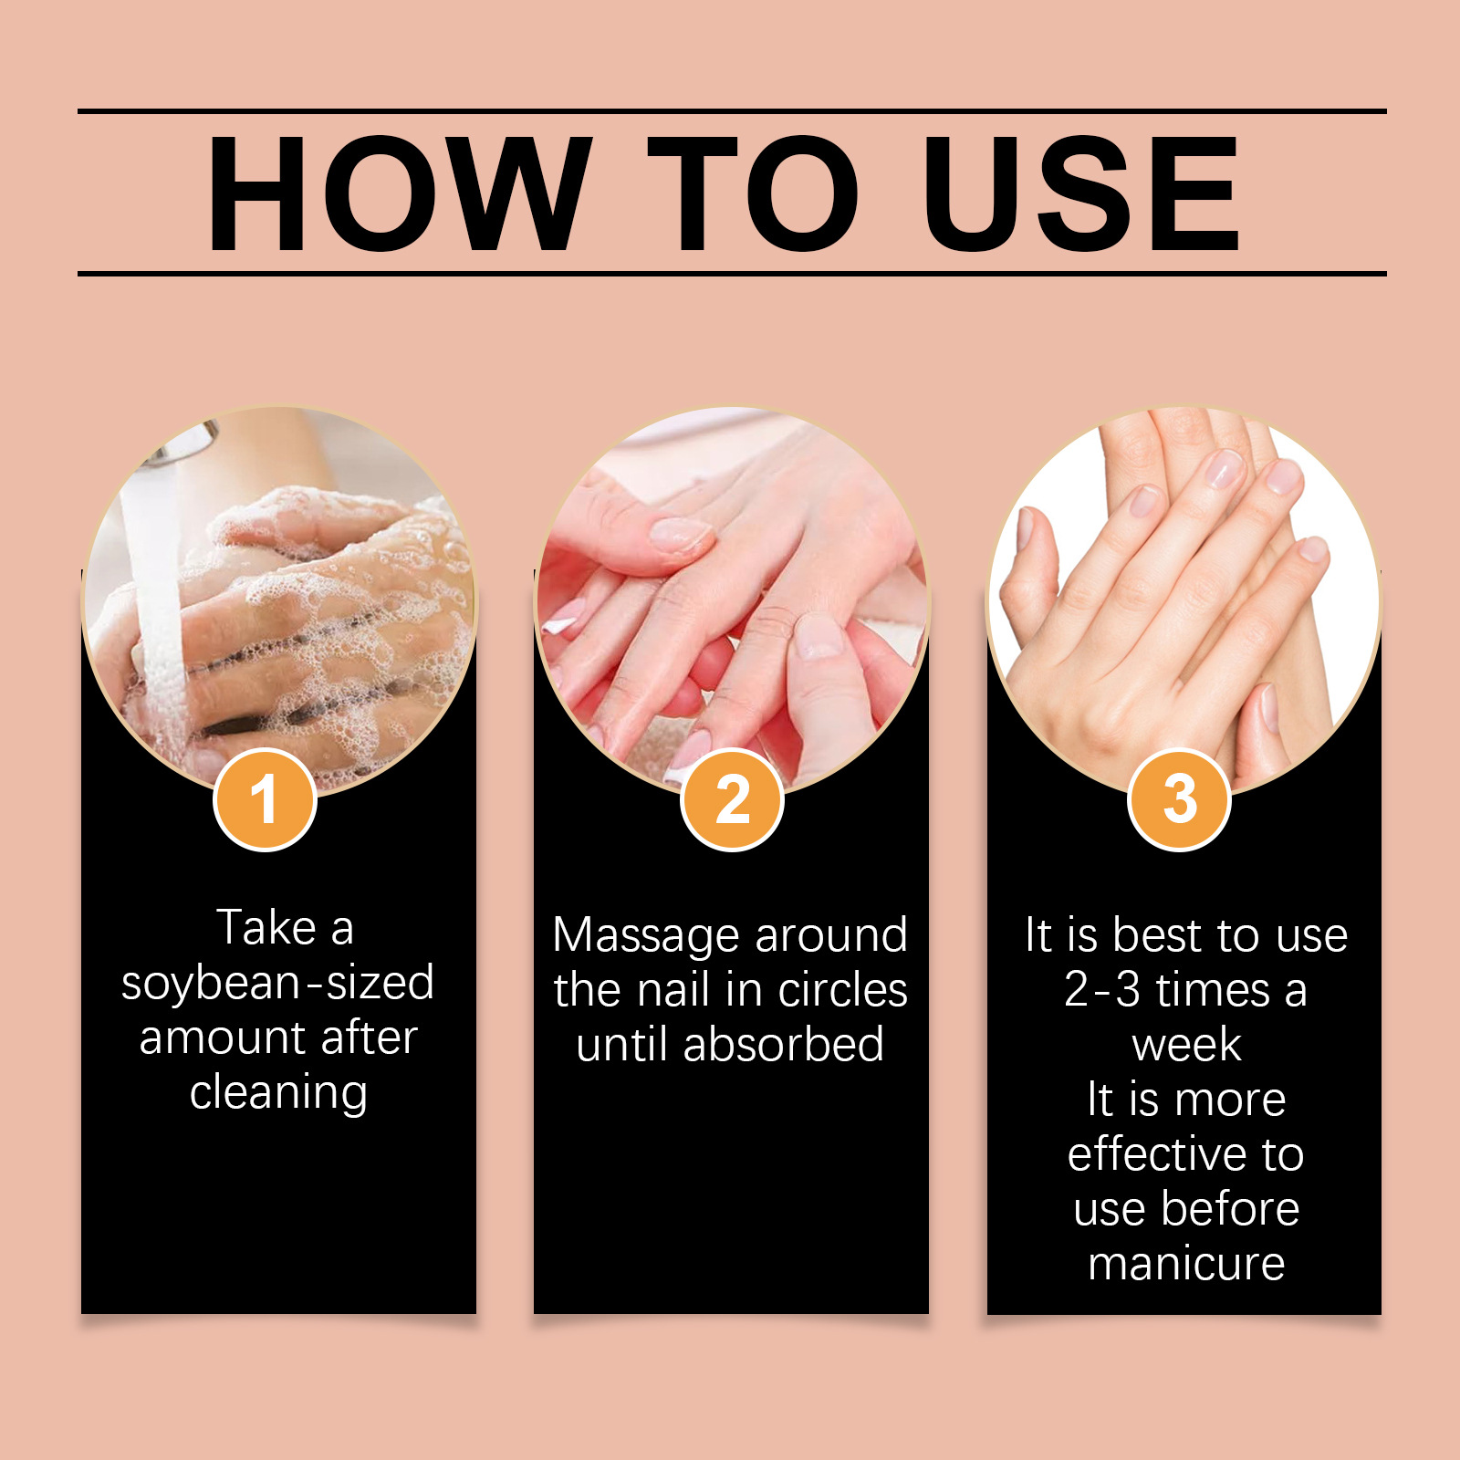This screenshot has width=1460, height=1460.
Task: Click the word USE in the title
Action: click(x=1082, y=193)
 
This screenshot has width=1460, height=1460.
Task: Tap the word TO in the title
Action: click(x=754, y=193)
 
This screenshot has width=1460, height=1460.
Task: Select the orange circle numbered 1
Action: click(x=265, y=799)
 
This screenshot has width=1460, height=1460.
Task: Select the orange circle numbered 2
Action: click(x=732, y=799)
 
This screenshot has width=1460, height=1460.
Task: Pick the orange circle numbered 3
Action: click(x=1180, y=799)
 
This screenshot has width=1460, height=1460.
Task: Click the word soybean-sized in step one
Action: click(x=278, y=984)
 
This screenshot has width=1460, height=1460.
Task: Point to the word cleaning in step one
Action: click(x=278, y=1093)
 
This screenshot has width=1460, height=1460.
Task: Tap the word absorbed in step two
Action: click(x=783, y=1044)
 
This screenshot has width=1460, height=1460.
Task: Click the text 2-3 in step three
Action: click(x=1102, y=990)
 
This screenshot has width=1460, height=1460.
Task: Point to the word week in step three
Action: click(x=1186, y=1046)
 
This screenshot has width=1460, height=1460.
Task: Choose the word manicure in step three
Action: click(x=1186, y=1264)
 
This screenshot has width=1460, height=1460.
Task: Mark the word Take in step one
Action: click(x=266, y=928)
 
